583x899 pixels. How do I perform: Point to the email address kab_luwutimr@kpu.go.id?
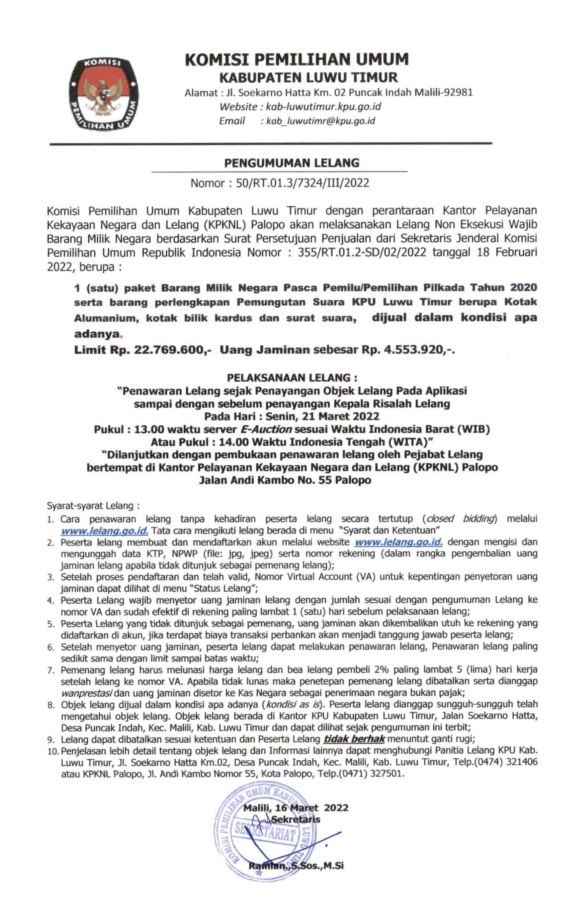[320, 121]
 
